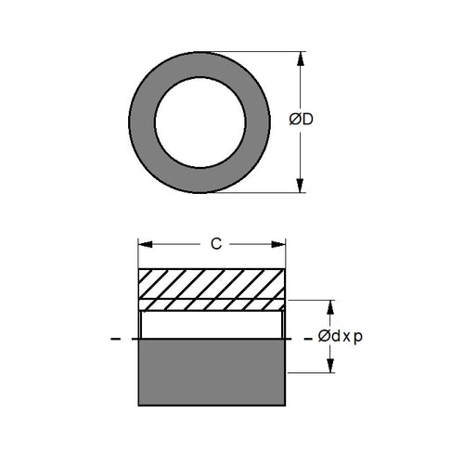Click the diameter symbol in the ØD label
click(294, 121)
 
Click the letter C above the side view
click(215, 245)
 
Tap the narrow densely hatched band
click(212, 304)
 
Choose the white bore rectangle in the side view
click(212, 325)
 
